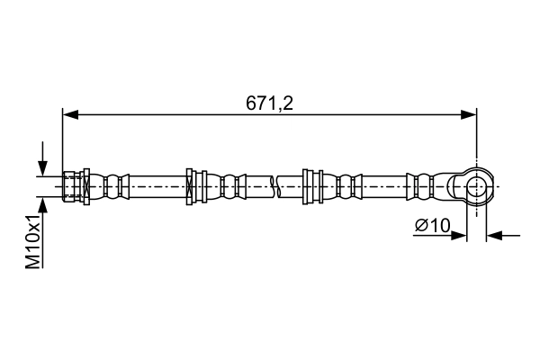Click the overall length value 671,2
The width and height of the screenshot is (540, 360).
pos(270,103)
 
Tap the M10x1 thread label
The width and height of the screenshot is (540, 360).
pos(33,241)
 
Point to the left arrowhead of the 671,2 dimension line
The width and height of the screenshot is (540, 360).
pos(70,114)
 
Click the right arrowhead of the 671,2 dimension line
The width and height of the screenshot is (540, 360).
pos(468,114)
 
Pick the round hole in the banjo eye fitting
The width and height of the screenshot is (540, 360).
pos(476,186)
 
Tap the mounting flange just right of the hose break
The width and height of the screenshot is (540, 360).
pos(312,186)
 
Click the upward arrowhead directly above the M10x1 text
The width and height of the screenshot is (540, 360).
pos(41,206)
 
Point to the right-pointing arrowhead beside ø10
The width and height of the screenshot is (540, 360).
pos(460,236)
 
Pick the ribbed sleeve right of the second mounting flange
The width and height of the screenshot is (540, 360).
pos(346,186)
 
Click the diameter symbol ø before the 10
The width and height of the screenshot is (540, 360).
pos(420,227)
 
